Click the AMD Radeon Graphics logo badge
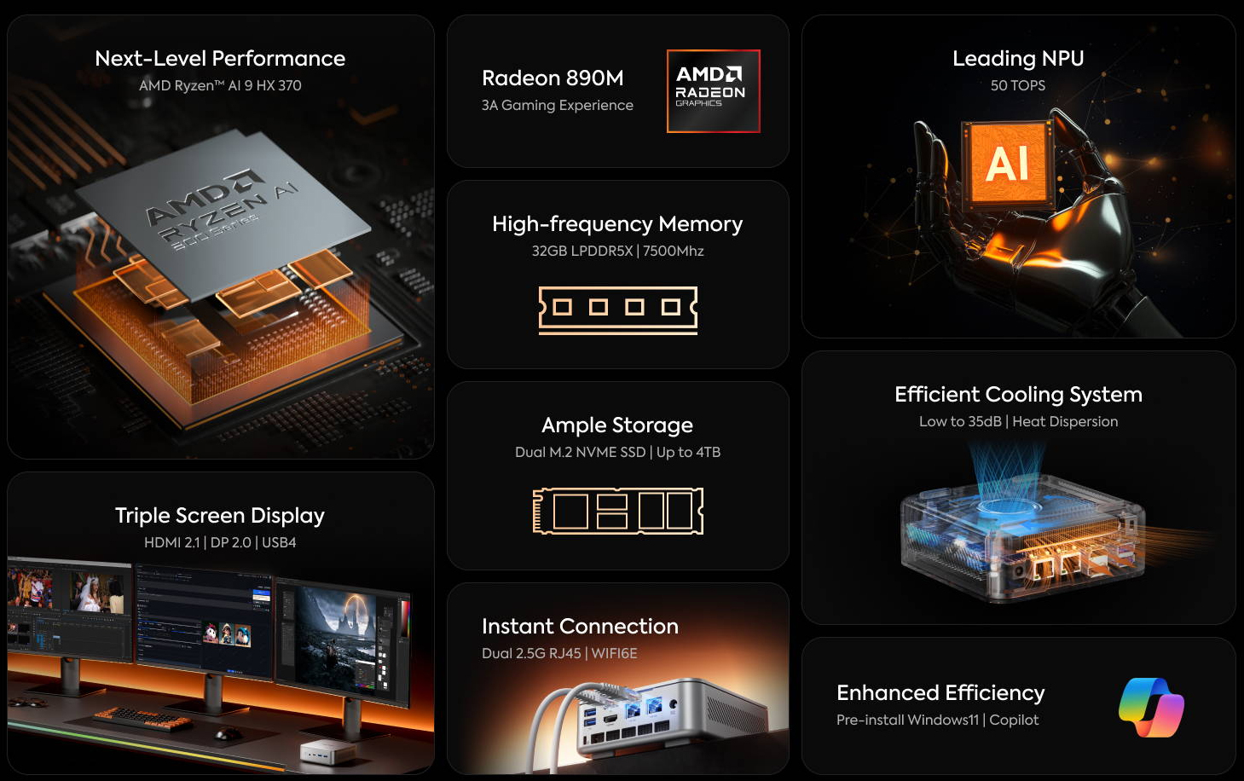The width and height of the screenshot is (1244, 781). coord(713,91)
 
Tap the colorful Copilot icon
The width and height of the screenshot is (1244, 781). coord(1151,707)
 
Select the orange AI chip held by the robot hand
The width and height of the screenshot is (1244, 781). coord(1008,164)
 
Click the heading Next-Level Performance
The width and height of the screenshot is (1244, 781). coord(220,58)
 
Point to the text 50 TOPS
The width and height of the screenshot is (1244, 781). coord(1017,85)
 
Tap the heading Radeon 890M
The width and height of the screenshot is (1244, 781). coord(553,78)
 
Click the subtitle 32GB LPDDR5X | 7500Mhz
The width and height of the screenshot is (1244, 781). coord(617,251)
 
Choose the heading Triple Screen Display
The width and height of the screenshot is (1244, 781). coord(220,516)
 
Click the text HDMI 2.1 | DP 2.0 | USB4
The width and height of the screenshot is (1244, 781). coord(220,543)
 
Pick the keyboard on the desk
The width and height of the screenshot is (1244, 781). coord(142,719)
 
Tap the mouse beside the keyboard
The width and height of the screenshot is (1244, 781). coord(228,734)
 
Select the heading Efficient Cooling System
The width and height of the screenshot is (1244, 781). coord(1018,395)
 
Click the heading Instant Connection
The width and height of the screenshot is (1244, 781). coord(580,627)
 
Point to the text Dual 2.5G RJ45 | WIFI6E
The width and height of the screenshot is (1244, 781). coord(559,653)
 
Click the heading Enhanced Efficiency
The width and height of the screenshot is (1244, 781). coord(940,693)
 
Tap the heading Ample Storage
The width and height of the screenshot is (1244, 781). coord(617,425)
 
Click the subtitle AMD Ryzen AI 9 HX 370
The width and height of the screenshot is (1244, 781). coord(220,85)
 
